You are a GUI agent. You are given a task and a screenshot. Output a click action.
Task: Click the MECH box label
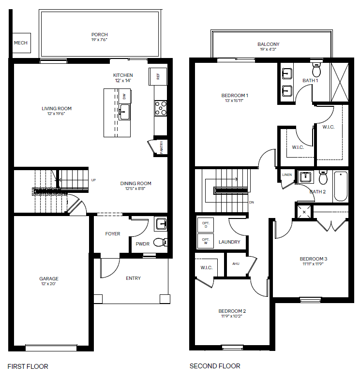pos(21,43)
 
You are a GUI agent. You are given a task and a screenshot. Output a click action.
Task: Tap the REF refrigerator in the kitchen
pos(158,76)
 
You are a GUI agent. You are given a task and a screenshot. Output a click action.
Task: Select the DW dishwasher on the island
pos(124,96)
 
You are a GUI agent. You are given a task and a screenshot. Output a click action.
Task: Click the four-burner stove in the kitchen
pos(161,108)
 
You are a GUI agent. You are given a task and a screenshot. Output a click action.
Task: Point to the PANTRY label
pos(162,147)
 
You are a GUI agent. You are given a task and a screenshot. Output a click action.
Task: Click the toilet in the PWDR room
pos(160,242)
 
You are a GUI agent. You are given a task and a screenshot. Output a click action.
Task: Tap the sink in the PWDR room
pos(161,224)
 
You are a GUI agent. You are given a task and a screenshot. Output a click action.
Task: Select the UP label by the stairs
pos(93,180)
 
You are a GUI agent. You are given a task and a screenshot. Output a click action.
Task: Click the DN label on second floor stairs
pos(252,202)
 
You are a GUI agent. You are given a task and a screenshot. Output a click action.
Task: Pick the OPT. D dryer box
pos(206,225)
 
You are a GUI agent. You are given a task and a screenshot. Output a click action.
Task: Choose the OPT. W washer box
pos(206,241)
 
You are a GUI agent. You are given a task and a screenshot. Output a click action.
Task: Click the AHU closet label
pos(236,264)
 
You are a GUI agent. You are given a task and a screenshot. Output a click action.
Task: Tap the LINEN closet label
pos(287,175)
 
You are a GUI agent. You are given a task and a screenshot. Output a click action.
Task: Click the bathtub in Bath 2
pos(341,186)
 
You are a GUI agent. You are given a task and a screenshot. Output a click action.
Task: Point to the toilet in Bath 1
pos(316,69)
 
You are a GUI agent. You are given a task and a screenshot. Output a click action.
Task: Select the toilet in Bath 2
pos(323,177)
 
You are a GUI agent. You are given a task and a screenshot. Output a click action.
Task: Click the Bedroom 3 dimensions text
pos(313,264)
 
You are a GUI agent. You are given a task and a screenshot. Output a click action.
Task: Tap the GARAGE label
pos(49,279)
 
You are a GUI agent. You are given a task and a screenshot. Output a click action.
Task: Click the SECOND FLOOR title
pos(215,366)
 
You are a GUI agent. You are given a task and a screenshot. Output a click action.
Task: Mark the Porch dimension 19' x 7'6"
pos(99,40)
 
